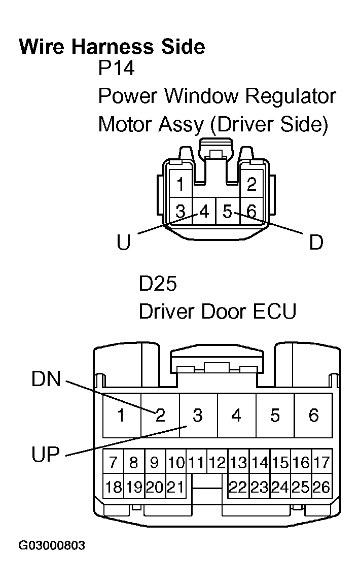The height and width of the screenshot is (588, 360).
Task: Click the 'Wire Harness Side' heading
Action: tap(112, 47)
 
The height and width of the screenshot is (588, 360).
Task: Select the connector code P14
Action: tap(116, 68)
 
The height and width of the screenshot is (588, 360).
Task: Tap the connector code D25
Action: tap(158, 284)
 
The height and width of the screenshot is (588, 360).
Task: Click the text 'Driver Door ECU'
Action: tap(217, 312)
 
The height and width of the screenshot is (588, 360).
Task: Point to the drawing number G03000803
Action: tap(52, 546)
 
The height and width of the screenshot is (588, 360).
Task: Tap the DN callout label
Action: tap(46, 379)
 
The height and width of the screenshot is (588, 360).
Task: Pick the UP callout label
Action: tap(46, 455)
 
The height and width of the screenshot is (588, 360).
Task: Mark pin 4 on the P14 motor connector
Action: tap(204, 211)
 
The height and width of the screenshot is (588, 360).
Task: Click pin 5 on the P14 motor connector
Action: tap(228, 211)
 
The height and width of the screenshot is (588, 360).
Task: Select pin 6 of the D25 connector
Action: tap(313, 416)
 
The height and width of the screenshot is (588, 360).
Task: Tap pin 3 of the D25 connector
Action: tap(198, 416)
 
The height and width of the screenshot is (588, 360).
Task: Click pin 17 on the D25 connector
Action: tap(321, 462)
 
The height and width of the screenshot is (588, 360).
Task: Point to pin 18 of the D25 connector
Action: tap(113, 488)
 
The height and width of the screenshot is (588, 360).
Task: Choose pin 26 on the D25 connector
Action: tap(321, 488)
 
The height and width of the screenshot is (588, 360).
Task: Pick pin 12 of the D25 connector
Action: tap(218, 462)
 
